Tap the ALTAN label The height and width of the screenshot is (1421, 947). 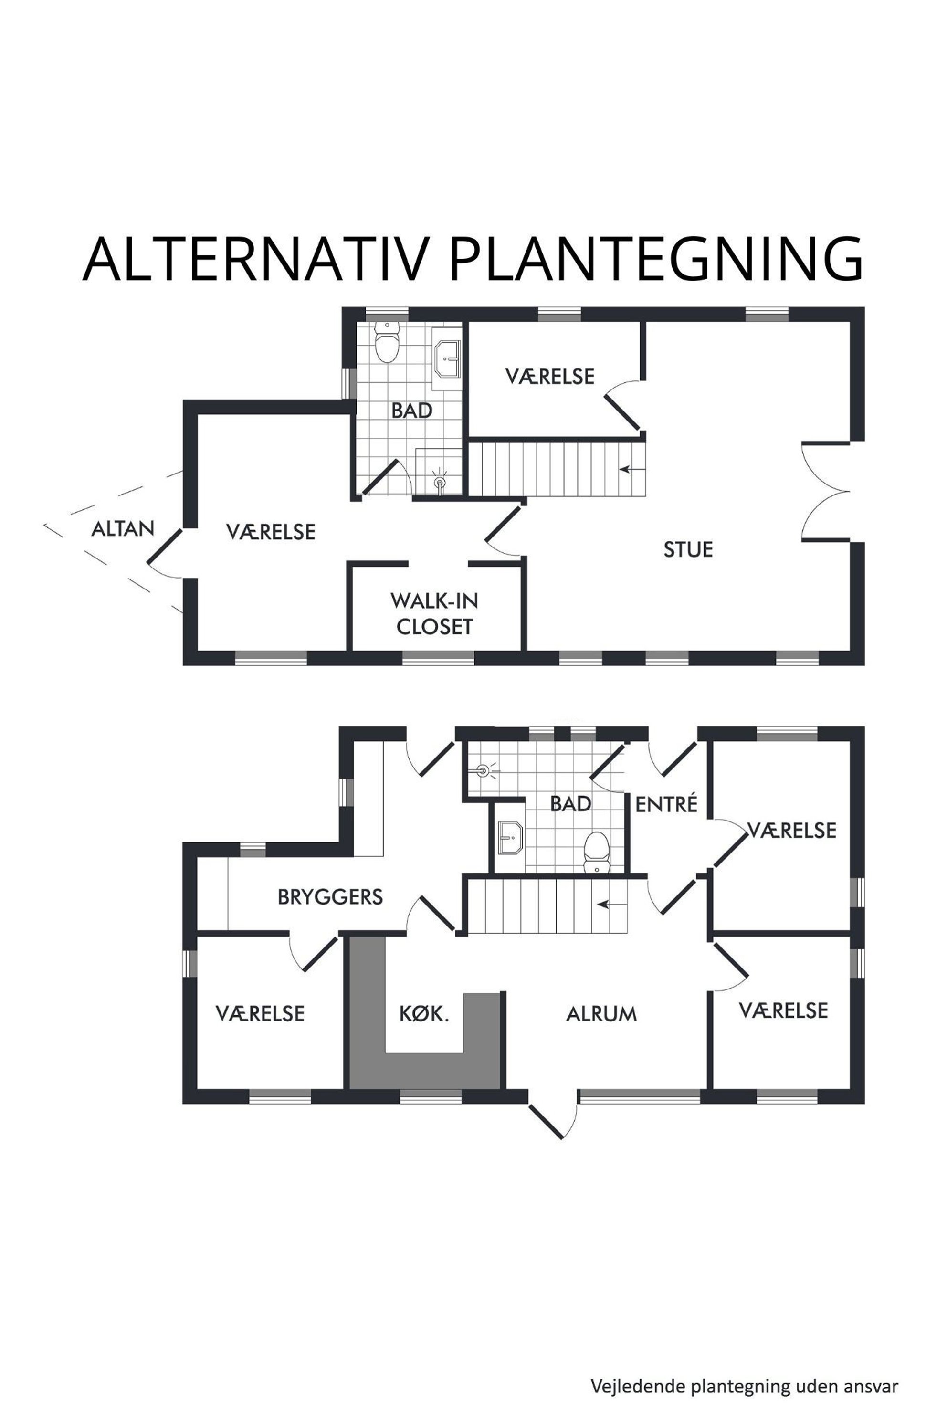point(123,529)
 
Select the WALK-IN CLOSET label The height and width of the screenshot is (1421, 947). point(434,613)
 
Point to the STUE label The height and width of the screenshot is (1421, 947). point(688,549)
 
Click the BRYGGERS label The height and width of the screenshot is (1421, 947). point(330,897)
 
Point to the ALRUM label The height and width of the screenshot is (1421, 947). point(601,1014)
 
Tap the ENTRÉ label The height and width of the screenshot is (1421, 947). point(666,804)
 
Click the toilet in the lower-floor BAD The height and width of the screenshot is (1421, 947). point(597,852)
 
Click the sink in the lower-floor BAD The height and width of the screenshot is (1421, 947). point(510,837)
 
